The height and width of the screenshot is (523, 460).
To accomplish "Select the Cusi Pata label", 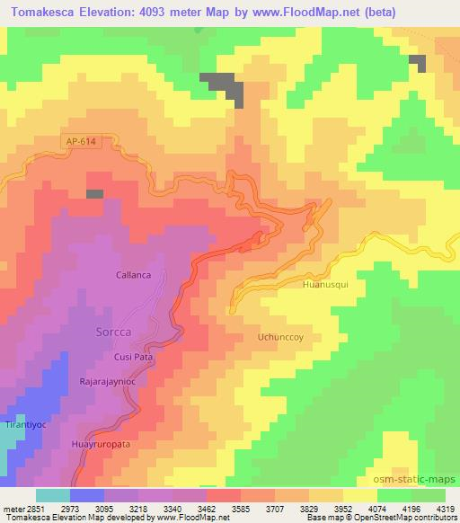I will coord(134,356).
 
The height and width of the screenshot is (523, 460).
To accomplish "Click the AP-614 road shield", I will coord(80,141).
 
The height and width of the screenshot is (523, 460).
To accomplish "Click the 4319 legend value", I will coord(446,509).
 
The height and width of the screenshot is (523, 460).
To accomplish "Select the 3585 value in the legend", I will coord(240,509).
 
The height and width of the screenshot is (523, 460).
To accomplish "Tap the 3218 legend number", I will coord(137,509).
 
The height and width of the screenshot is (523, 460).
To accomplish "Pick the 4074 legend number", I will coord(377,509).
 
